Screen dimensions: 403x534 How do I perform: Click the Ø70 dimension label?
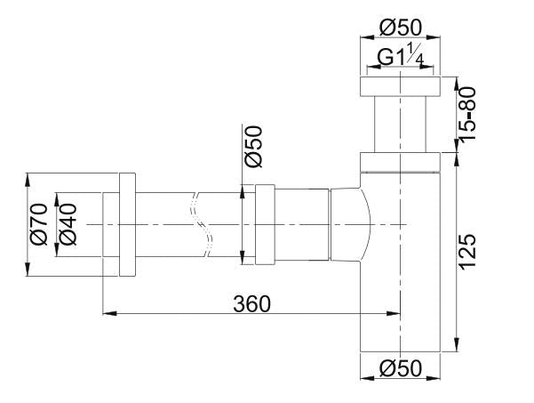point(37,226)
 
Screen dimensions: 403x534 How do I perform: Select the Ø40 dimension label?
point(68,226)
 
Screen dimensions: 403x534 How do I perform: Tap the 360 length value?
point(251,302)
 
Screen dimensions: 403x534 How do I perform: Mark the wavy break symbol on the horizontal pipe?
point(206,226)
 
